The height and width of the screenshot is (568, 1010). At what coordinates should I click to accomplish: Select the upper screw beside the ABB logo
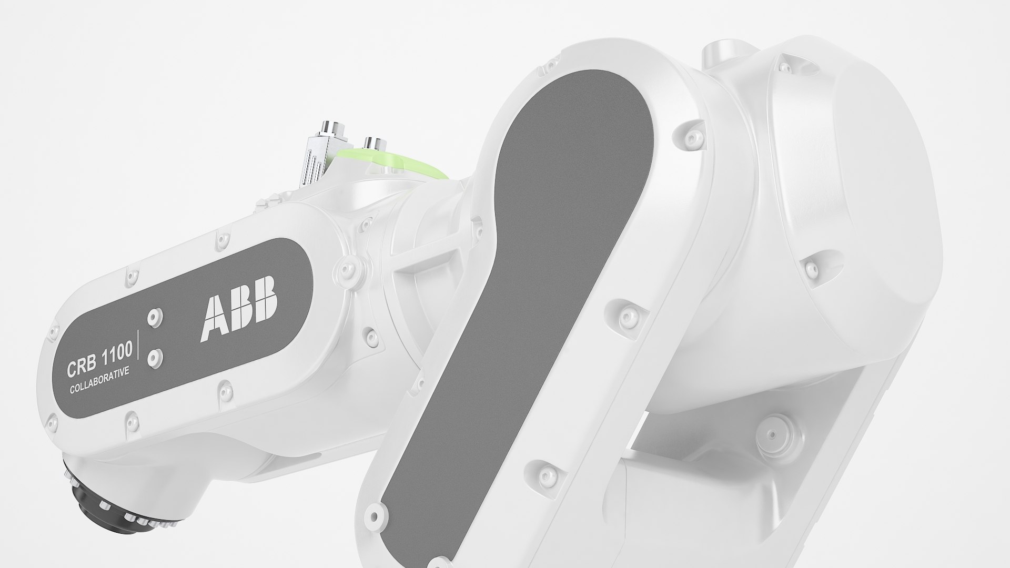click(x=154, y=316)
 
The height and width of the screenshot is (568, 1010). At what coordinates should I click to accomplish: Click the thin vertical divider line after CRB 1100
click(x=138, y=345)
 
